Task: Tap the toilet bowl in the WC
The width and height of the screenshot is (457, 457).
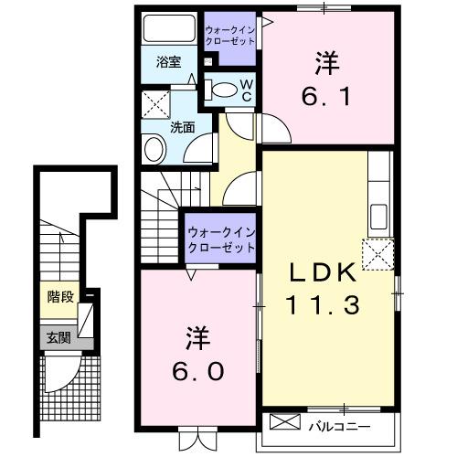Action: pyautogui.click(x=219, y=90)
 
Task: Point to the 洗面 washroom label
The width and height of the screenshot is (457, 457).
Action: pyautogui.click(x=182, y=127)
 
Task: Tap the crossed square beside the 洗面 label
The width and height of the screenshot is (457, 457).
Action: pyautogui.click(x=156, y=101)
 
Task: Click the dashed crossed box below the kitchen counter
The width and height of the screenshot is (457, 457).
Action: pyautogui.click(x=377, y=255)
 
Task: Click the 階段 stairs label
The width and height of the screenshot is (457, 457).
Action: pyautogui.click(x=60, y=296)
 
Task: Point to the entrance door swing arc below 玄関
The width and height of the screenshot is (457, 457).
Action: pyautogui.click(x=61, y=375)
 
